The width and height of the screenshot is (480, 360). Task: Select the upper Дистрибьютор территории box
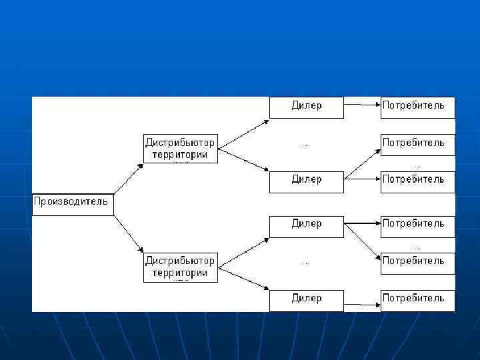[x=181, y=148]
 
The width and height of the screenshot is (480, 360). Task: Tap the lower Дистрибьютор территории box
[x=181, y=267]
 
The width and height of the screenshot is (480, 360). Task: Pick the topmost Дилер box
[x=306, y=107]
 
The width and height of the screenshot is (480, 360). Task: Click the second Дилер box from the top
[x=306, y=181]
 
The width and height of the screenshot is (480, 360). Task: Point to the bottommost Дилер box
[x=306, y=299]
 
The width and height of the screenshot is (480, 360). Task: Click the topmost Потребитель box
[x=417, y=107]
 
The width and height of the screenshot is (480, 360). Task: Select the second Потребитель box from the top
[x=417, y=144]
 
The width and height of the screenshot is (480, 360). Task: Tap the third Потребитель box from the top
[x=417, y=181]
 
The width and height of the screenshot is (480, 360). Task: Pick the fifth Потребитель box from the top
[x=417, y=262]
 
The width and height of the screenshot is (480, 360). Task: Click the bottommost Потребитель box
[x=417, y=299]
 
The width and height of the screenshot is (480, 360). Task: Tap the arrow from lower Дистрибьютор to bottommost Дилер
[x=243, y=279]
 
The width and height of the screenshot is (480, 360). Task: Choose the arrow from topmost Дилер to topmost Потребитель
[x=362, y=104]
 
